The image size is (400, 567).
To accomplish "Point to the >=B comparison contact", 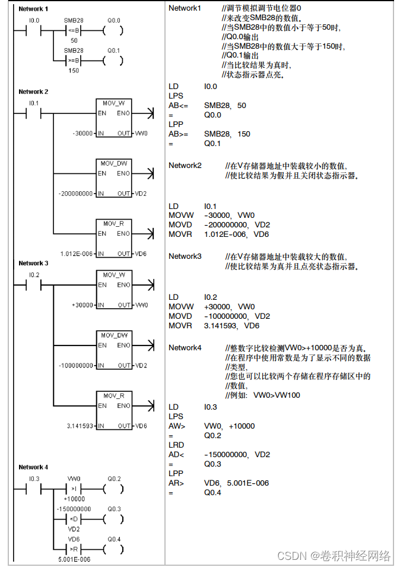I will point(75,61).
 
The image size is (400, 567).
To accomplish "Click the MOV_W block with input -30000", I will point(115,119).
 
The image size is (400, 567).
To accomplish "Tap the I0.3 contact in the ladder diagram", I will point(34,490).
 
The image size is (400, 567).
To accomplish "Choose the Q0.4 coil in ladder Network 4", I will point(113,547).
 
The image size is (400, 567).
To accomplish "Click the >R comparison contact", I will point(75,547).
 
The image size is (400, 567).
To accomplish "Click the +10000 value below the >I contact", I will point(75,499).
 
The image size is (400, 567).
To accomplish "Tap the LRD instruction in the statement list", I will point(176,445).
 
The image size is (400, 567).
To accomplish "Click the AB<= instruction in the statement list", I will point(179,105).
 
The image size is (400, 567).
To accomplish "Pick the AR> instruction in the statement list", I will point(176,483).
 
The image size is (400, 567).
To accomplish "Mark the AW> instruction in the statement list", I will point(177,426).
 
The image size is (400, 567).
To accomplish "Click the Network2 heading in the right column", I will point(185,165).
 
